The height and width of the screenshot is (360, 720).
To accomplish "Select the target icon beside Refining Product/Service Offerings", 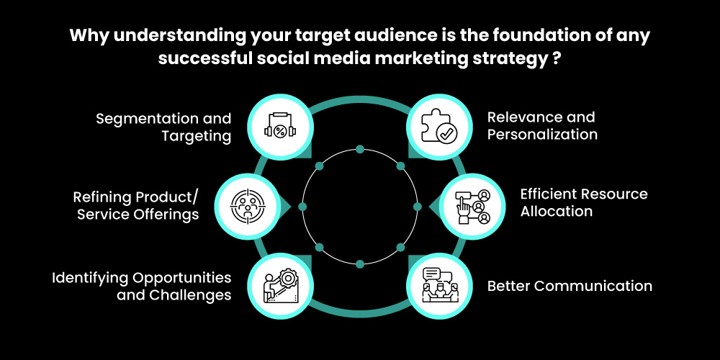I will click(x=247, y=205).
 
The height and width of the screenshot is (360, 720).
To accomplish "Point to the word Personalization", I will click(x=542, y=135).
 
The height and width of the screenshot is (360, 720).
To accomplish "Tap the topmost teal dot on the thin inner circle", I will click(x=360, y=150).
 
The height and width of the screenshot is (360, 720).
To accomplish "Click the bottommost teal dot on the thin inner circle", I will click(x=360, y=264).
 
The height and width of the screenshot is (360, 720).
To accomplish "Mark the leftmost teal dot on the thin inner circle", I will click(x=302, y=207).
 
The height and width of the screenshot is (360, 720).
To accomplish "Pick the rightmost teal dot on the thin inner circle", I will click(x=417, y=207).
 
